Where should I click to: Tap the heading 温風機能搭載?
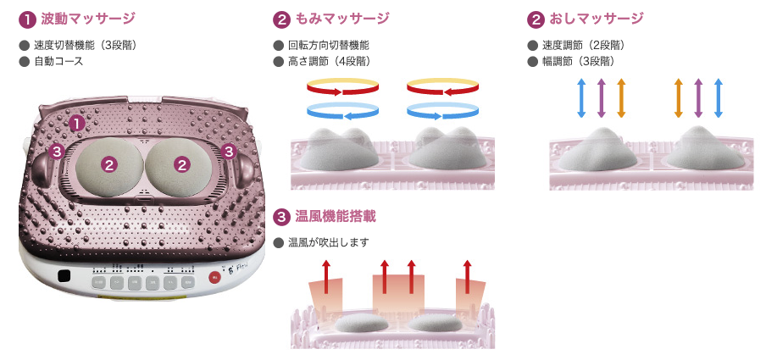point(336,217)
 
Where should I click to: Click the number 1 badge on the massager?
point(76,123)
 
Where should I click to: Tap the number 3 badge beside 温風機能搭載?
point(282,217)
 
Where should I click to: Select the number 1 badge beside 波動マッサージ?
point(27,18)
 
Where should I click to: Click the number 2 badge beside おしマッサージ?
point(536,18)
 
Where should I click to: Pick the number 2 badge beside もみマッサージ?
point(282,18)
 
